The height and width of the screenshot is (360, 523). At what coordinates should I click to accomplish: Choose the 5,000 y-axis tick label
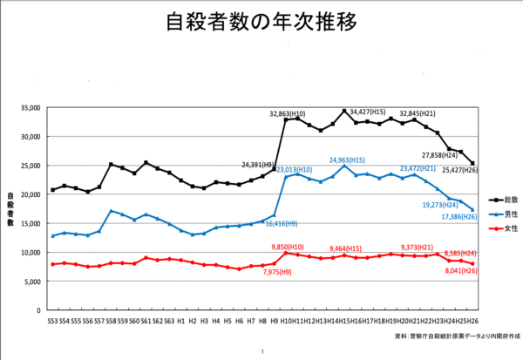[x=31, y=282]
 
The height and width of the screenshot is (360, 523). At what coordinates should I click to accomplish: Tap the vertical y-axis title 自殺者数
[x=11, y=208]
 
